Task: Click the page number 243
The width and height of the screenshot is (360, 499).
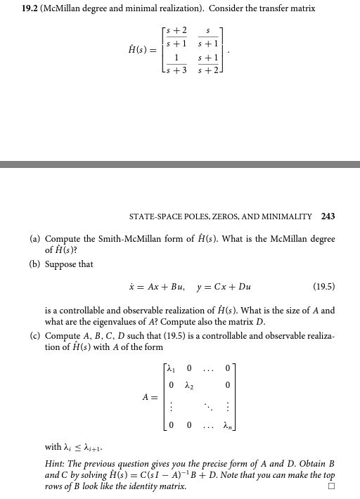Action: click(x=328, y=216)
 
